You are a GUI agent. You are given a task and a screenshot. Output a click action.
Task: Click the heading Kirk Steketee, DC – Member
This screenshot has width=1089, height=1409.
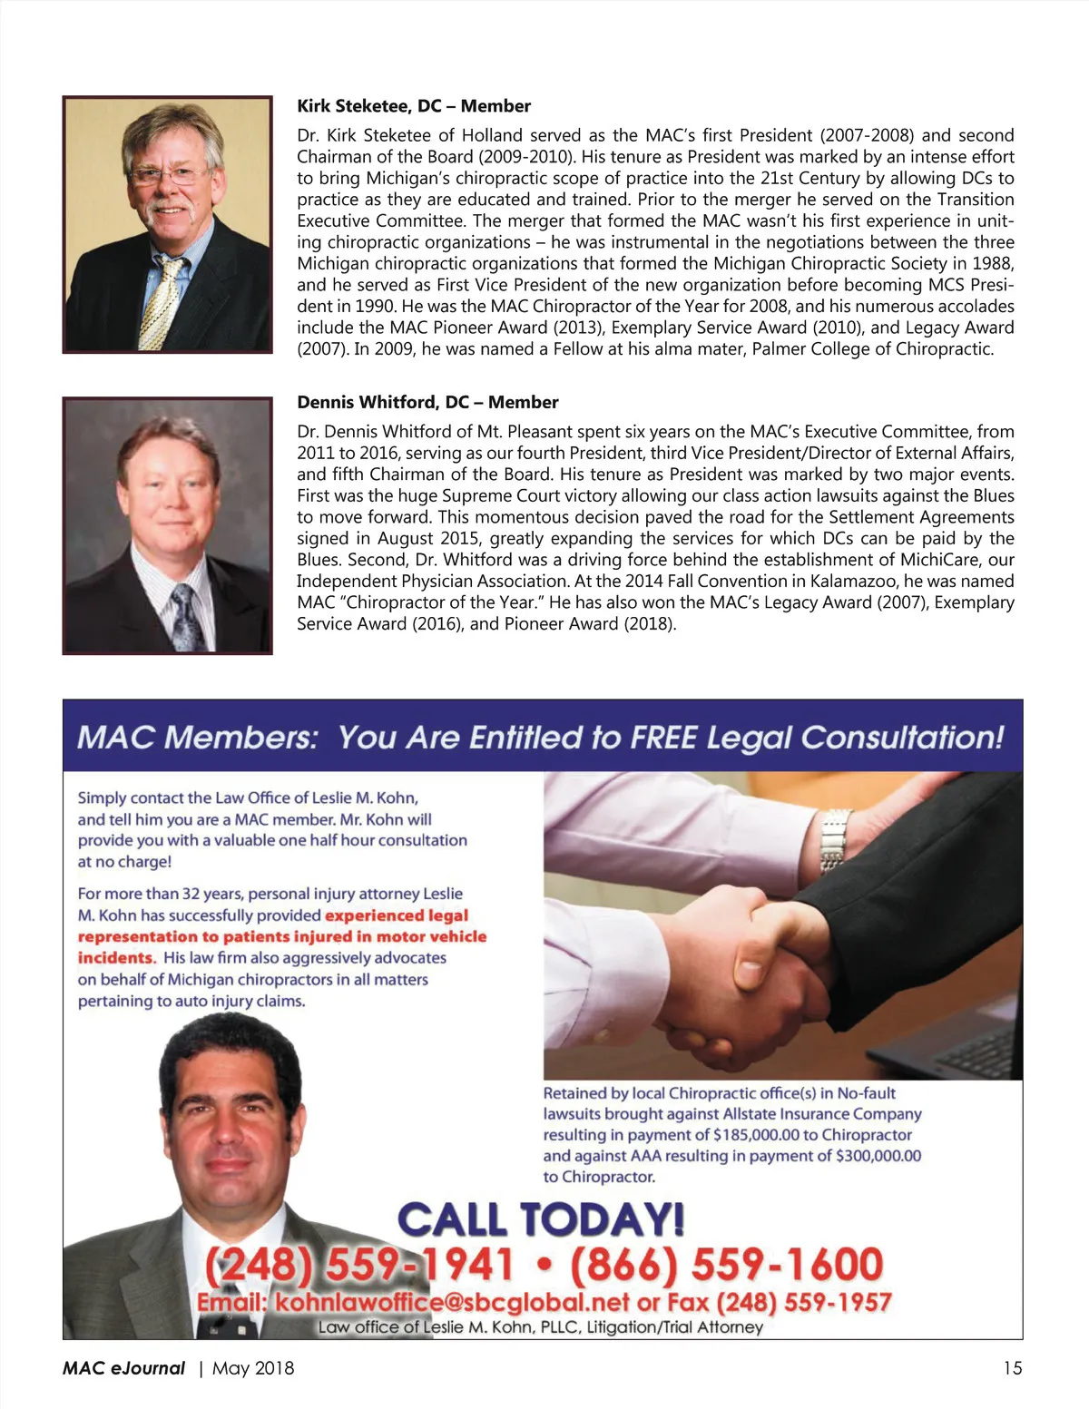point(414,106)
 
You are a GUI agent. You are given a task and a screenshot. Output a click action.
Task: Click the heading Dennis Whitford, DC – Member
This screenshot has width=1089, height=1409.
point(427,402)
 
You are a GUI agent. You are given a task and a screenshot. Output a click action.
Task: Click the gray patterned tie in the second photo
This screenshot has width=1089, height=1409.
point(187,617)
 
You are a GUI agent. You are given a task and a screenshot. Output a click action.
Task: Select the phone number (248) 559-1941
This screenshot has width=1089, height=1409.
point(359,1264)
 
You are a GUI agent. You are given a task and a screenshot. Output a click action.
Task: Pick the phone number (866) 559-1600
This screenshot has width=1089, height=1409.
point(726,1264)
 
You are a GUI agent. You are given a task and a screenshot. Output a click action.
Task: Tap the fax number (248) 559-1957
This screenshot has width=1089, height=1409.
point(804,1303)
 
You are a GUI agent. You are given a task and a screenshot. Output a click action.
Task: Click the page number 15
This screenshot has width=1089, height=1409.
point(1012,1368)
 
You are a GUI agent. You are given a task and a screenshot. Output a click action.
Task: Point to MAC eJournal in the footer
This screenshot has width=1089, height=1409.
point(124,1368)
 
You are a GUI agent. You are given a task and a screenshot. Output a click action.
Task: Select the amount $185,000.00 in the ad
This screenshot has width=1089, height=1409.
point(757,1135)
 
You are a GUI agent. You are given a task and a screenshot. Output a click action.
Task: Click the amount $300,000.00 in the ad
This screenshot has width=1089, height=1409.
point(878,1156)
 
